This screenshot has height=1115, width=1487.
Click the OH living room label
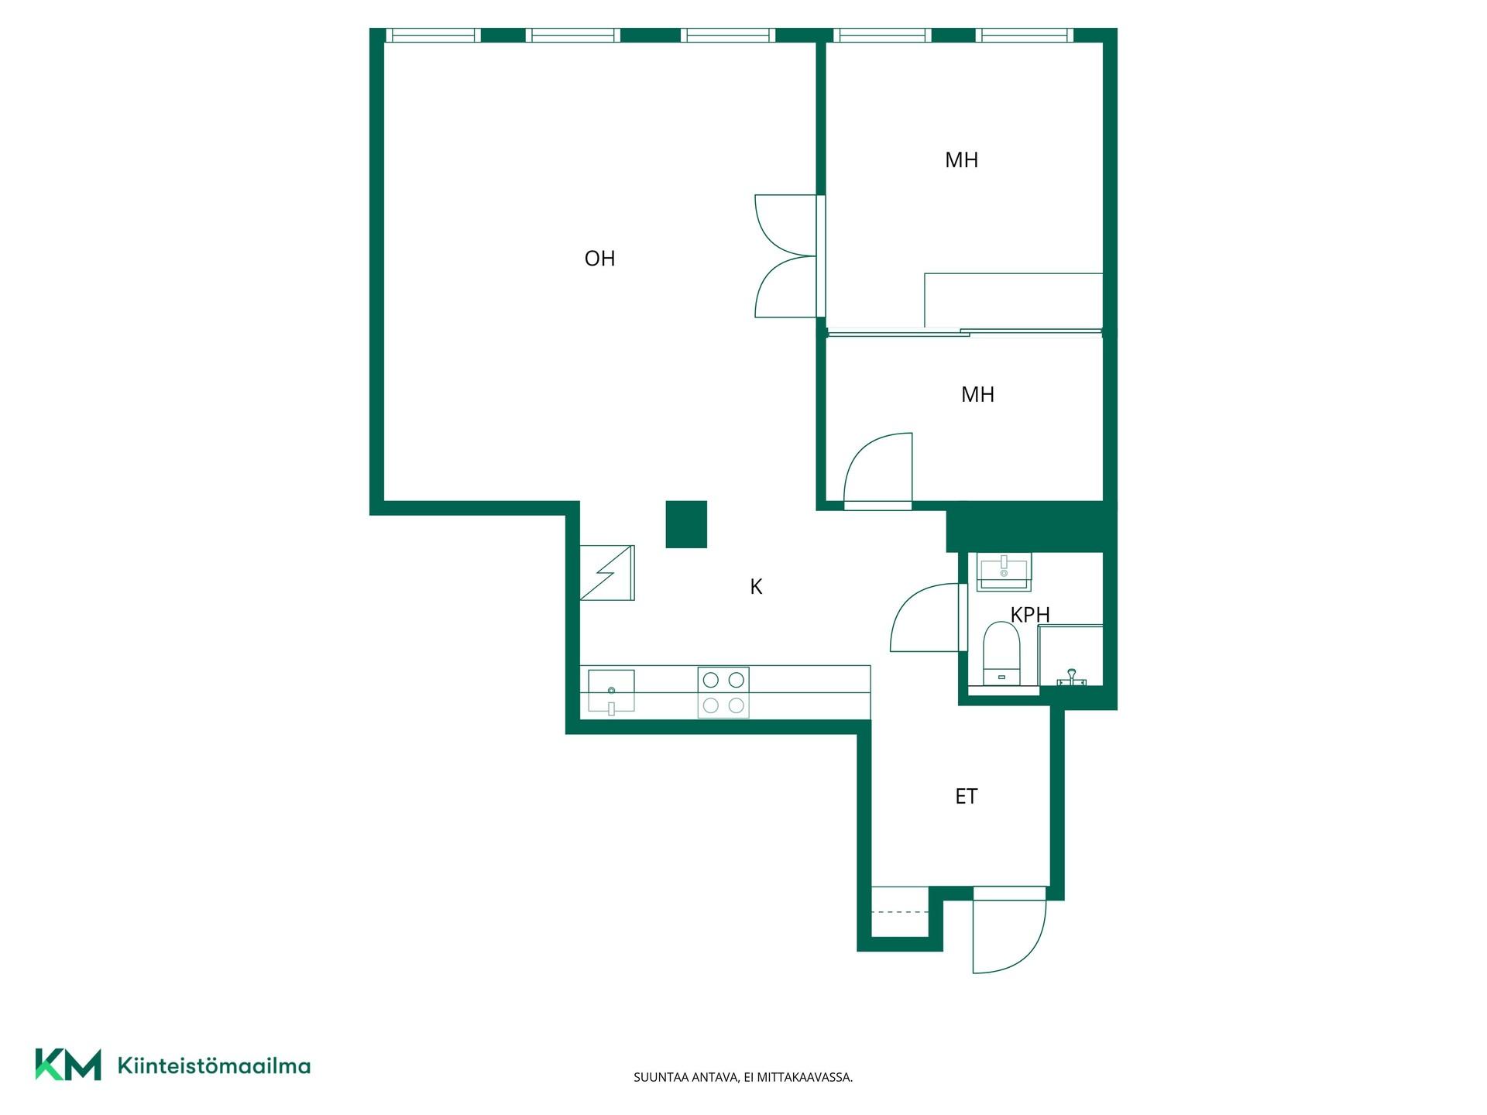pyautogui.click(x=599, y=258)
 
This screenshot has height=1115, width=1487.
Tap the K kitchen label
pyautogui.click(x=756, y=587)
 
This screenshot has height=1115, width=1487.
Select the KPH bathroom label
pyautogui.click(x=1030, y=614)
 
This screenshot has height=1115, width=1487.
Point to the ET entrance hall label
pyautogui.click(x=966, y=796)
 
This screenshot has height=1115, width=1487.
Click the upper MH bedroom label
pyautogui.click(x=961, y=160)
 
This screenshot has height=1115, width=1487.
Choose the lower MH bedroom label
pyautogui.click(x=977, y=394)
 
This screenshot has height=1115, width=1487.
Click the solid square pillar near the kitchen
pyautogui.click(x=686, y=524)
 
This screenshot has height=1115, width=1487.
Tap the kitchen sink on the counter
pyautogui.click(x=611, y=691)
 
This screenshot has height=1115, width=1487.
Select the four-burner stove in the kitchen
pyautogui.click(x=723, y=692)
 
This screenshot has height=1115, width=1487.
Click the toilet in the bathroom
pyautogui.click(x=1001, y=654)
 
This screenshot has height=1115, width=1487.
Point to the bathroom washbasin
pyautogui.click(x=1004, y=571)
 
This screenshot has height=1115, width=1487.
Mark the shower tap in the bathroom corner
pyautogui.click(x=1071, y=678)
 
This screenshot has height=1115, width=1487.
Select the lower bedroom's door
pyautogui.click(x=877, y=471)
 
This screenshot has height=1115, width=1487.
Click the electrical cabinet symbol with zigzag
pyautogui.click(x=607, y=573)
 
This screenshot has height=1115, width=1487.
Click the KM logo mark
pyautogui.click(x=68, y=1065)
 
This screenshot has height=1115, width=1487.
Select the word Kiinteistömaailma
pyautogui.click(x=214, y=1065)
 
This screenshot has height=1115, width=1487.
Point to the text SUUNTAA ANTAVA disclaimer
pyautogui.click(x=743, y=1077)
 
